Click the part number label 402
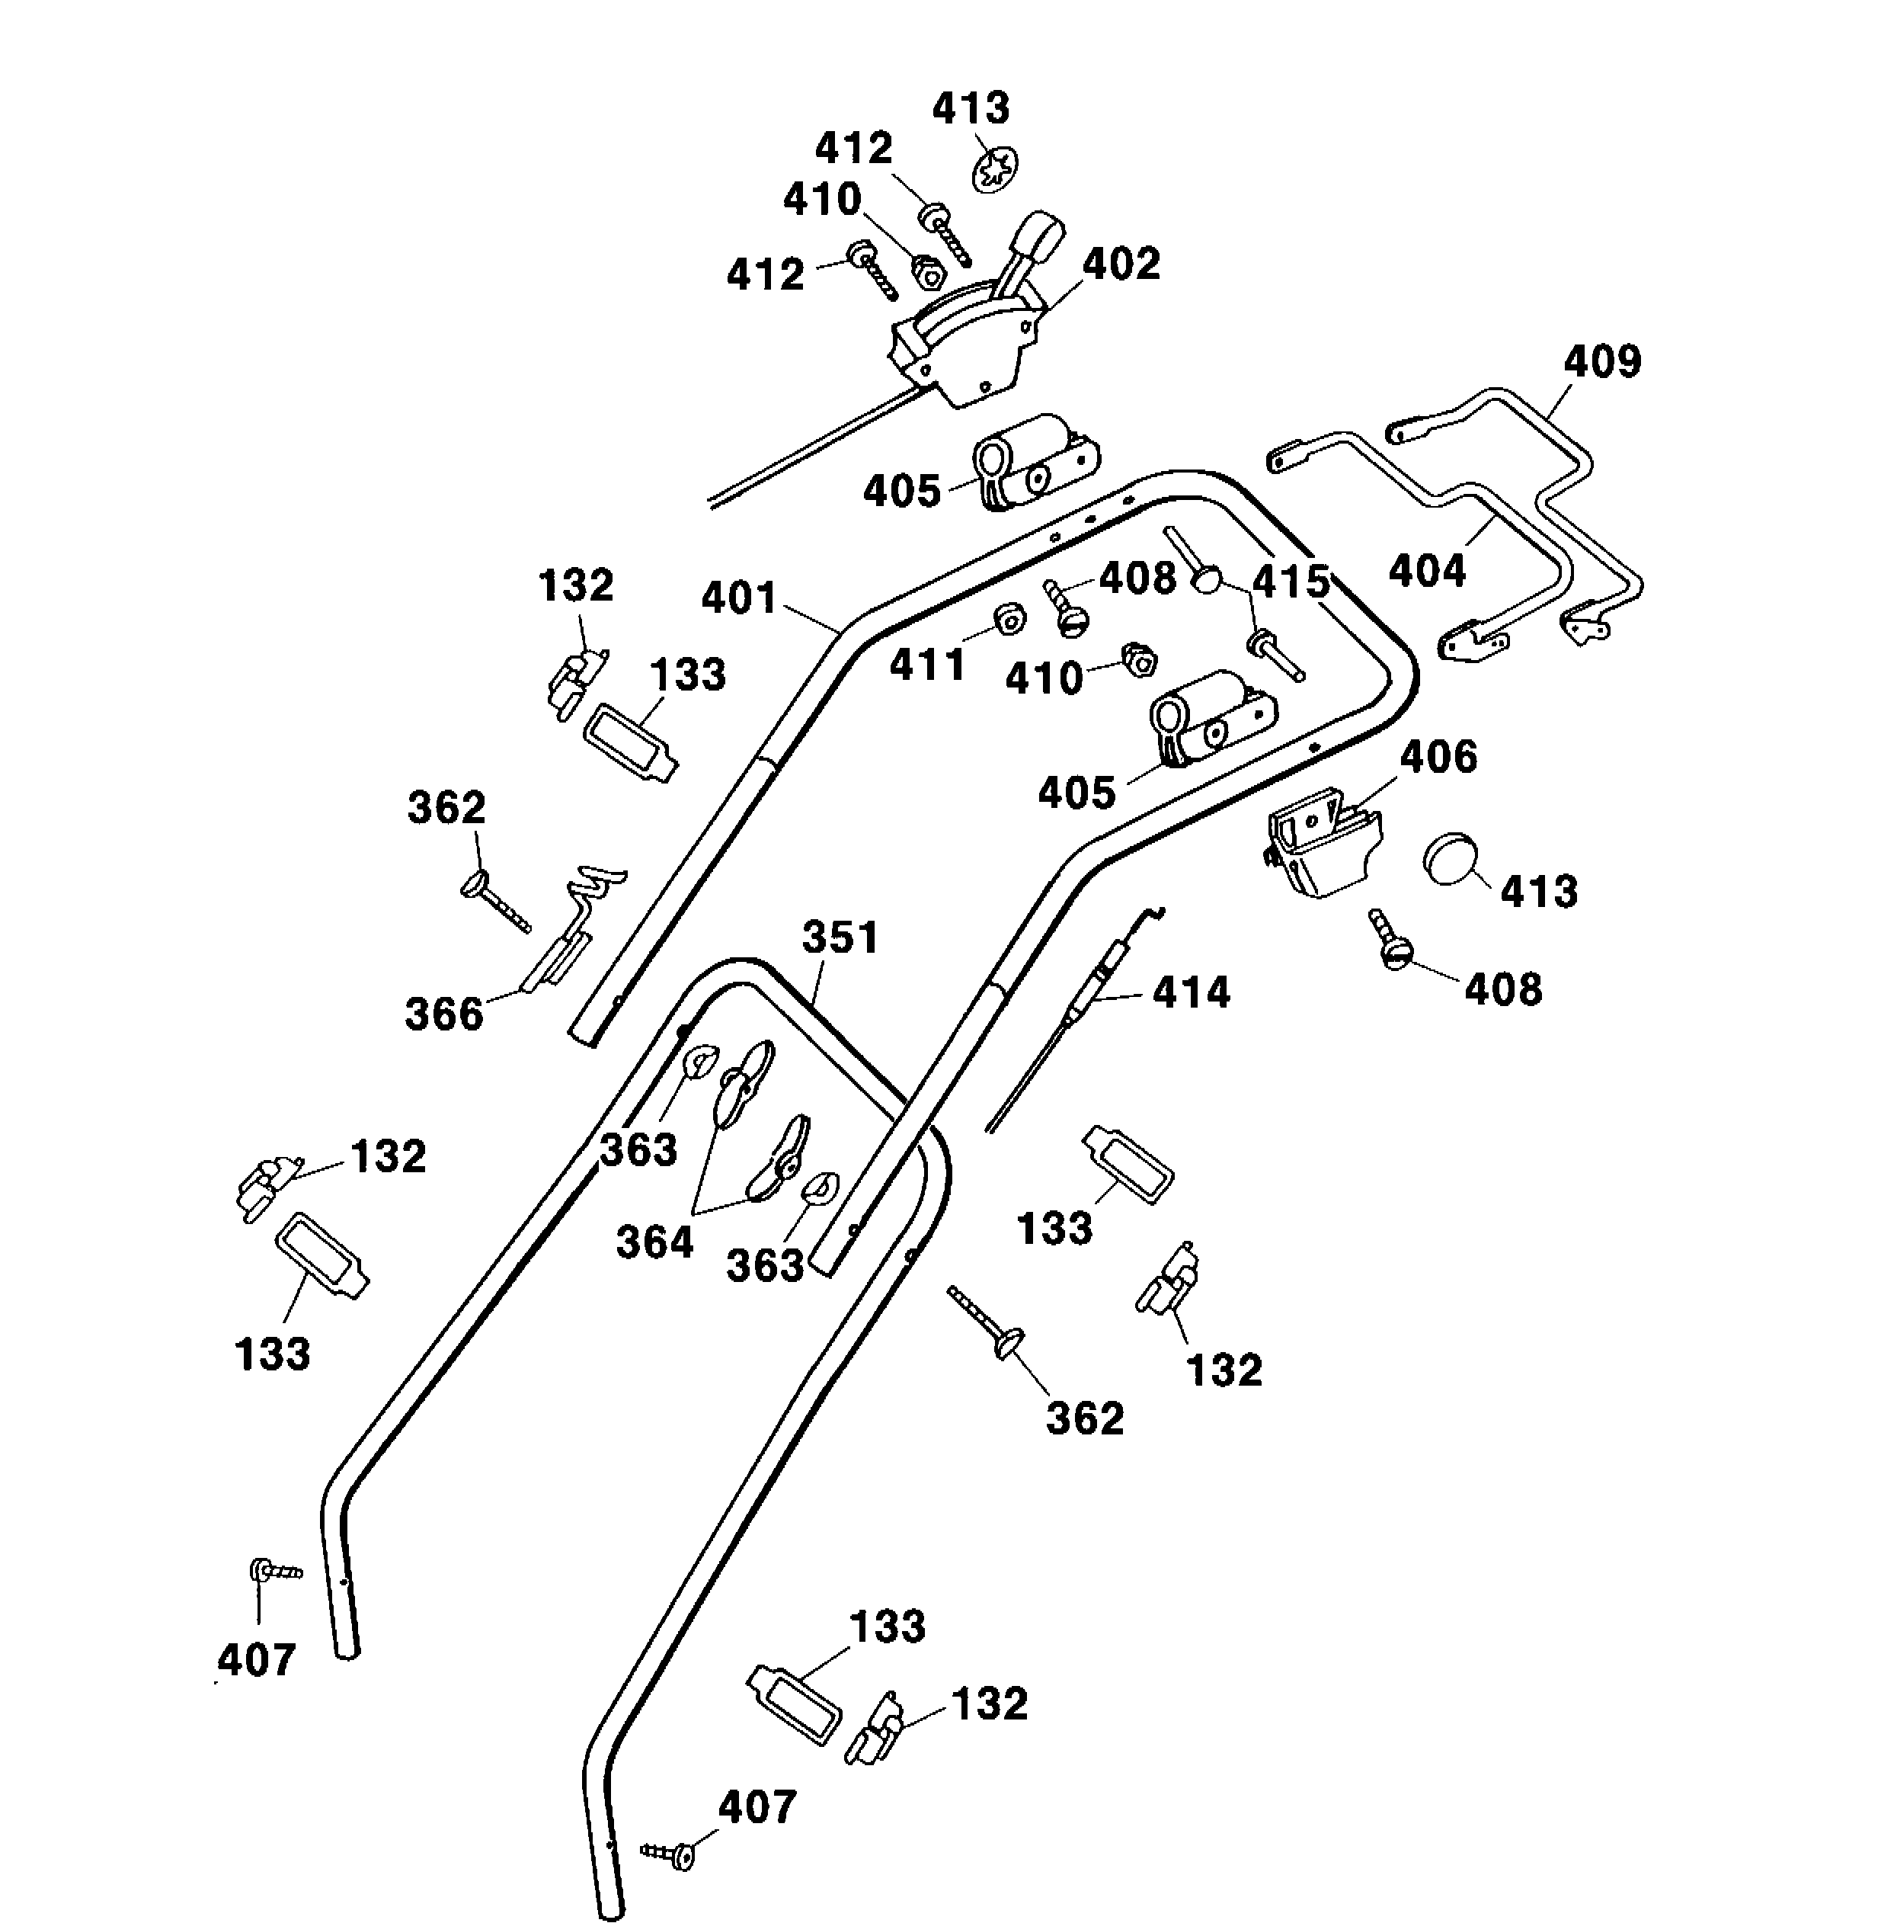coord(1121,264)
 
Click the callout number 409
coord(1601,363)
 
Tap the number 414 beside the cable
coord(1191,992)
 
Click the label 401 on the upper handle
coord(740,599)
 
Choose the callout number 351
coord(840,937)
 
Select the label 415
coord(1291,582)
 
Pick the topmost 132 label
coord(575,585)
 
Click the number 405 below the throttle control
coord(901,491)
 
